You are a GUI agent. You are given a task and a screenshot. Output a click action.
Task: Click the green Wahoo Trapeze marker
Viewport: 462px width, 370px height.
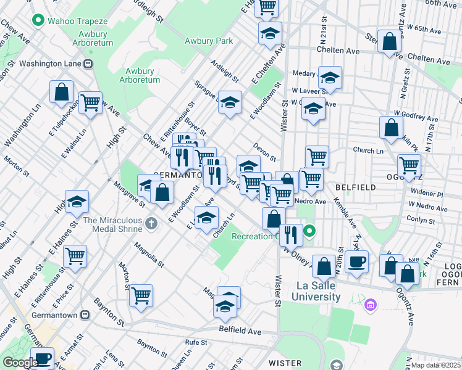38,21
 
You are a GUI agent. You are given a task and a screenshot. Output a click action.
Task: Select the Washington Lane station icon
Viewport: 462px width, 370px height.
89,63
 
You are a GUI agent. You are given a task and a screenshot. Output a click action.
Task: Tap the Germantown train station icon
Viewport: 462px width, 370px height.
86,315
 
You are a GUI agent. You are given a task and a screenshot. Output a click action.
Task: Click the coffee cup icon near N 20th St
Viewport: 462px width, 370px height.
356,260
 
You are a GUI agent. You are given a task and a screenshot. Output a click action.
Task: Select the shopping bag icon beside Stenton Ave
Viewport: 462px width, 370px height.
390,41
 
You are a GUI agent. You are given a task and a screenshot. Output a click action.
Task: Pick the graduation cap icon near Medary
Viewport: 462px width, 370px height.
330,77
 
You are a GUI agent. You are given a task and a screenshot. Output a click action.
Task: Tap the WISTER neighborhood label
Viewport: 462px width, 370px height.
285,363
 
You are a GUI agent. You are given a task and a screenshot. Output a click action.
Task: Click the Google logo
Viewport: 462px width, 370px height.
20,363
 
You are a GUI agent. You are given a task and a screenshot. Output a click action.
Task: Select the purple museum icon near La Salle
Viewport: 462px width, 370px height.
371,305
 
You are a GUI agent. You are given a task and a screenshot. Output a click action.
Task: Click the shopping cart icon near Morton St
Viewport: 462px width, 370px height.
141,295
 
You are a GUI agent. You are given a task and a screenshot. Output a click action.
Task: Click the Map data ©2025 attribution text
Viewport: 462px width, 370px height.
437,365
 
